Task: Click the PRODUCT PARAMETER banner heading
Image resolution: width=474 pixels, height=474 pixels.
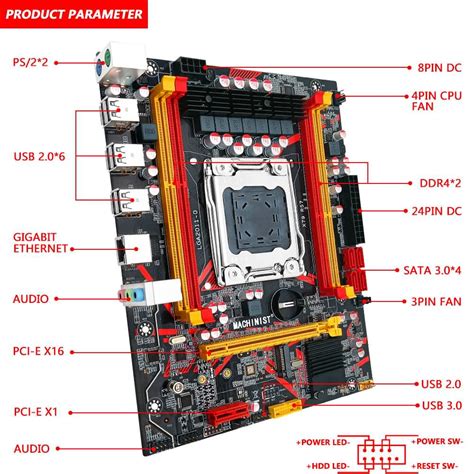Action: click(74, 14)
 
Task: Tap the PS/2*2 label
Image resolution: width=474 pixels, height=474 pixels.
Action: click(30, 62)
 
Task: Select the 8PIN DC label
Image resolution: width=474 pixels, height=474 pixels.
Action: click(439, 68)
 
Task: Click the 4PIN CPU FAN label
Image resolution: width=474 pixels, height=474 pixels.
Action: click(437, 101)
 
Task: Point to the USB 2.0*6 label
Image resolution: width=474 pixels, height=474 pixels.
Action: click(39, 156)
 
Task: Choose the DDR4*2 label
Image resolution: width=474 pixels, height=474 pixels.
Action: click(440, 183)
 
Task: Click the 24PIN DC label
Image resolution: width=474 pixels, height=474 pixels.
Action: click(437, 211)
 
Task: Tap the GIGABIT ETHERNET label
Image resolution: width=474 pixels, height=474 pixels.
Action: click(41, 243)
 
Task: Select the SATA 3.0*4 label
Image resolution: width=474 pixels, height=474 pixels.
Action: click(432, 270)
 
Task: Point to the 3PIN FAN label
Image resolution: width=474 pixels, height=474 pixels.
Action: click(436, 302)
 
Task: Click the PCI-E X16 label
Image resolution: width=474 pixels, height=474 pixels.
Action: click(38, 351)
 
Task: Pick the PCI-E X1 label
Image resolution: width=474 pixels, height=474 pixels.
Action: click(36, 412)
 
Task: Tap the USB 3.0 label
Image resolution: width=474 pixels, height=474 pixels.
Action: click(442, 405)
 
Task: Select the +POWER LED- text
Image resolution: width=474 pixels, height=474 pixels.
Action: click(323, 442)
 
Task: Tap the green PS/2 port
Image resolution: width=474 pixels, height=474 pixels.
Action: click(107, 56)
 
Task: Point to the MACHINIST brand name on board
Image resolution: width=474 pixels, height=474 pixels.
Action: click(252, 322)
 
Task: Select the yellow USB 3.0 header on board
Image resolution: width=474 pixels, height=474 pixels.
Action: click(285, 408)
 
